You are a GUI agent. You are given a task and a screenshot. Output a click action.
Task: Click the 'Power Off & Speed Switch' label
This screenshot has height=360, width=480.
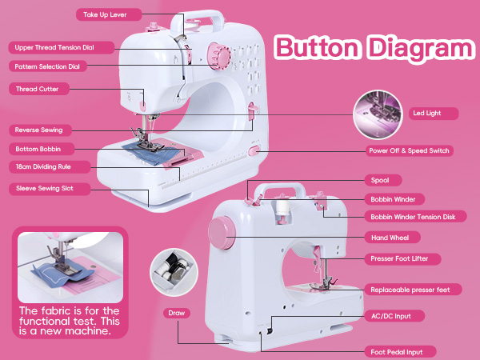tap(410, 150)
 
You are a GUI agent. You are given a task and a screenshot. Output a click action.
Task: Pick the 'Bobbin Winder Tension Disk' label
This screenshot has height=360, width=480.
tap(413, 217)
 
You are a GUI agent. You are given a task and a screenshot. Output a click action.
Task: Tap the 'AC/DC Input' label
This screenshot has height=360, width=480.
tap(392, 316)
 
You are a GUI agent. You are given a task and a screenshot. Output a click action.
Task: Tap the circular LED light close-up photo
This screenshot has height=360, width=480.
tap(377, 113)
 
